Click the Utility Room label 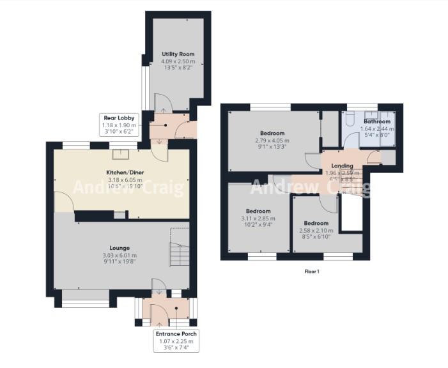pyautogui.click(x=178, y=54)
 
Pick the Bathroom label pyautogui.click(x=377, y=121)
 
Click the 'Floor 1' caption pyautogui.click(x=312, y=271)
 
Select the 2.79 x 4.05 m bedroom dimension pyautogui.click(x=273, y=141)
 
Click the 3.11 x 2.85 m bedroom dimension pyautogui.click(x=259, y=218)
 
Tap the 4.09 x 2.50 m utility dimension pyautogui.click(x=178, y=62)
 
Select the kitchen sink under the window pyautogui.click(x=120, y=154)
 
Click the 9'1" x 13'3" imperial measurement pyautogui.click(x=273, y=147)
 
